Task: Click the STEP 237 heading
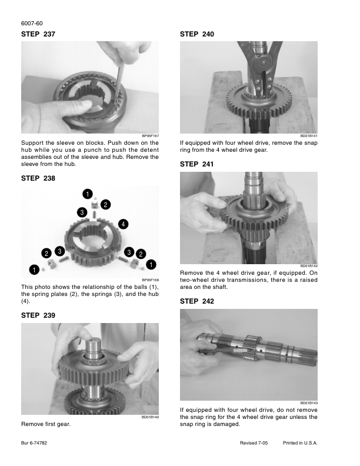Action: click(38, 34)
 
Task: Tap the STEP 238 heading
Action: click(38, 178)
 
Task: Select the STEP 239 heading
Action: click(38, 315)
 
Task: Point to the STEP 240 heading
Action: click(197, 34)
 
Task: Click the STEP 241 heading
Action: click(196, 164)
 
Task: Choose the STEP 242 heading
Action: click(197, 301)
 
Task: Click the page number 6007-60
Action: click(32, 24)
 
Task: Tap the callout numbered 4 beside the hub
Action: click(124, 224)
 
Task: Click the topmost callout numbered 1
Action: click(87, 194)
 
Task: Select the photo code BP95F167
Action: click(151, 136)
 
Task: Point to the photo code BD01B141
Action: click(309, 136)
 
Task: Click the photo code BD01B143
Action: click(309, 403)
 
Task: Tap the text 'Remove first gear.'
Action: click(46, 424)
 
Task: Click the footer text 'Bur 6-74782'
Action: click(34, 443)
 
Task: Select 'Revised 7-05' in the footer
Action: click(254, 443)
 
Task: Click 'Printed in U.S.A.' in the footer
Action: click(300, 443)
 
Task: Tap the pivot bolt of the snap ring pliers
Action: click(262, 64)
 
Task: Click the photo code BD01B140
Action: click(151, 417)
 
